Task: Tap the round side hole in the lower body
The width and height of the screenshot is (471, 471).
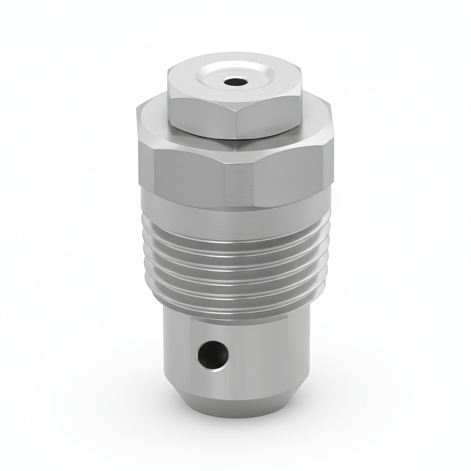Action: click(213, 354)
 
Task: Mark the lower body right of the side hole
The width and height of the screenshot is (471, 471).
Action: click(267, 354)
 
